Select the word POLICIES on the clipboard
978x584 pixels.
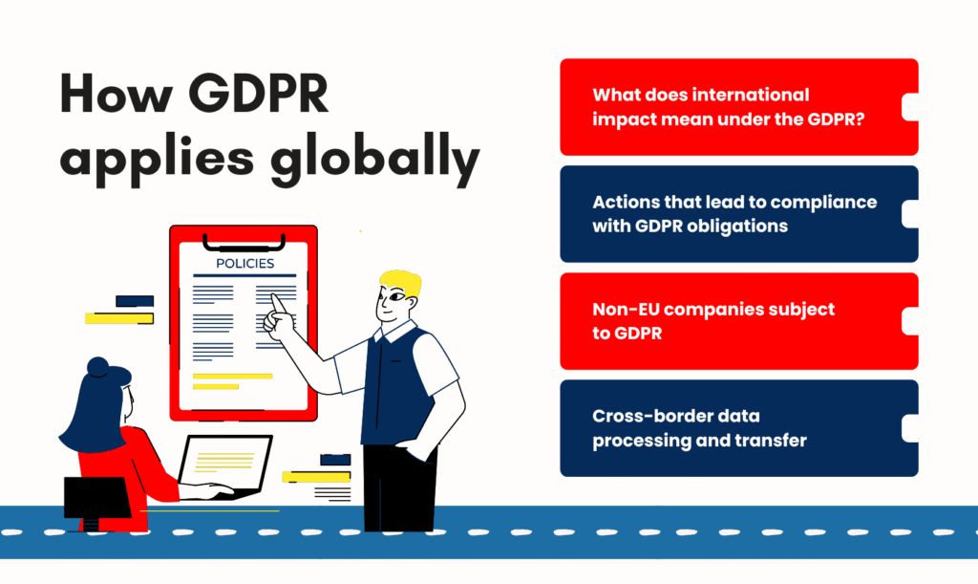244,264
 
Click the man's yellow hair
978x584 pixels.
400,283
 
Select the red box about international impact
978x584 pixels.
737,107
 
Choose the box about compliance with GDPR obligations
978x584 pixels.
737,214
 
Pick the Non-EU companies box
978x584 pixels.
737,321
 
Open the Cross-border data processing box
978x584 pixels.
737,428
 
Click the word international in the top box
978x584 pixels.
746,95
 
